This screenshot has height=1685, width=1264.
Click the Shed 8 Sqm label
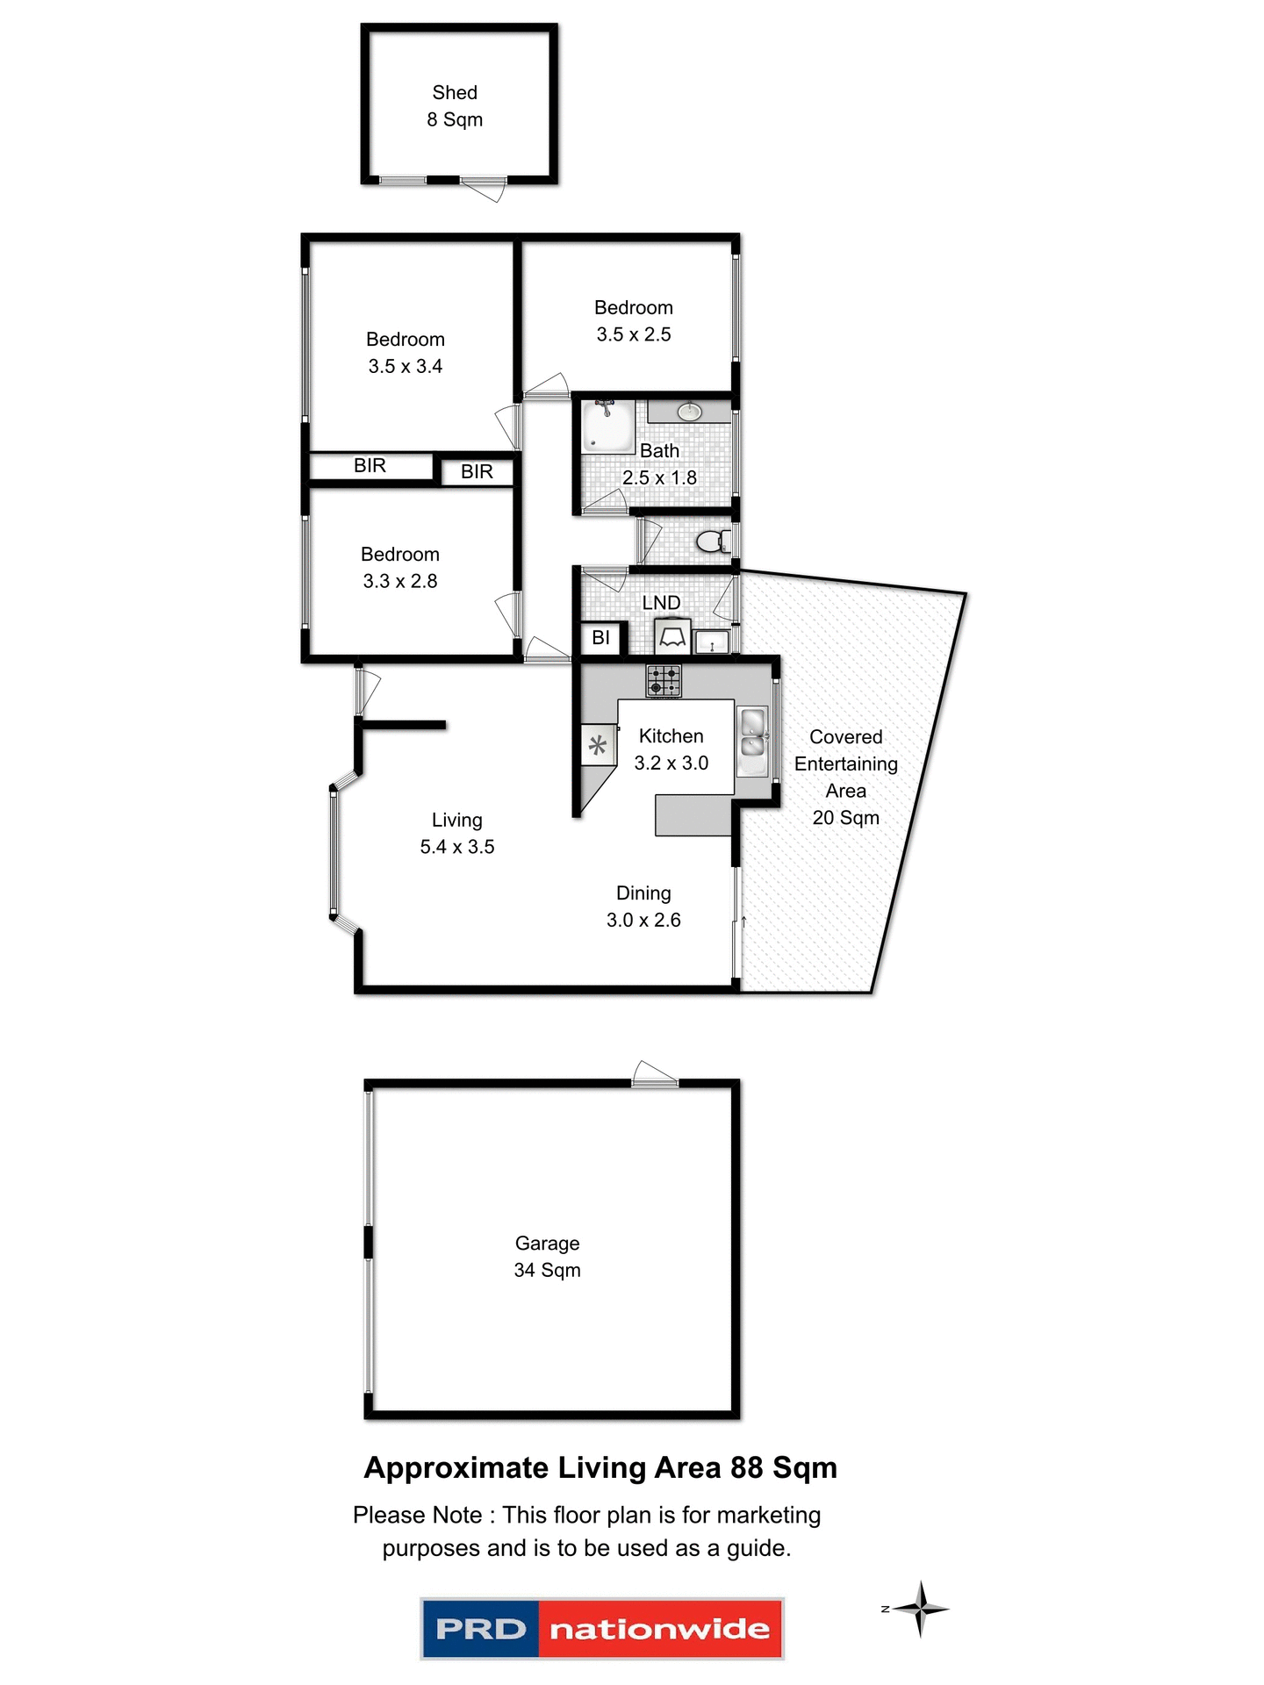[455, 105]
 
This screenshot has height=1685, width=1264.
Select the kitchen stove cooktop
[664, 681]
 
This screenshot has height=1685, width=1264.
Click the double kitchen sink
[753, 734]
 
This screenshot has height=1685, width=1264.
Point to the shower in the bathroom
[608, 427]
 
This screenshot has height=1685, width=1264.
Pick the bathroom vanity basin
[690, 412]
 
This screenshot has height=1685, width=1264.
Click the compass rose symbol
[920, 1609]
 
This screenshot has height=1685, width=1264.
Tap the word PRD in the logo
[480, 1629]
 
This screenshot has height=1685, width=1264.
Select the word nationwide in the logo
[659, 1629]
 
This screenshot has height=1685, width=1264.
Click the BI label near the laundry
[601, 638]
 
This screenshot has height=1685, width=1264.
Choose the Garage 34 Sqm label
[547, 1256]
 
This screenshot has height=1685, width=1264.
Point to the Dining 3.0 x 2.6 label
[643, 907]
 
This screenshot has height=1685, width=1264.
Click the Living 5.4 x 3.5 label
[456, 833]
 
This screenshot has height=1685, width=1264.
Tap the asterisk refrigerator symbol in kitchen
[598, 746]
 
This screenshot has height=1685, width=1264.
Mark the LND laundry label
[661, 603]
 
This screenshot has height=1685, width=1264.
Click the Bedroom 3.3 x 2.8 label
[400, 567]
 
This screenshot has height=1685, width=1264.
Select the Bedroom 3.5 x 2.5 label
[634, 320]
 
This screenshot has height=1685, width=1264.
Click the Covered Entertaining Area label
[845, 777]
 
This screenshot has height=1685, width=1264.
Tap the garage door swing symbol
[654, 1073]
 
